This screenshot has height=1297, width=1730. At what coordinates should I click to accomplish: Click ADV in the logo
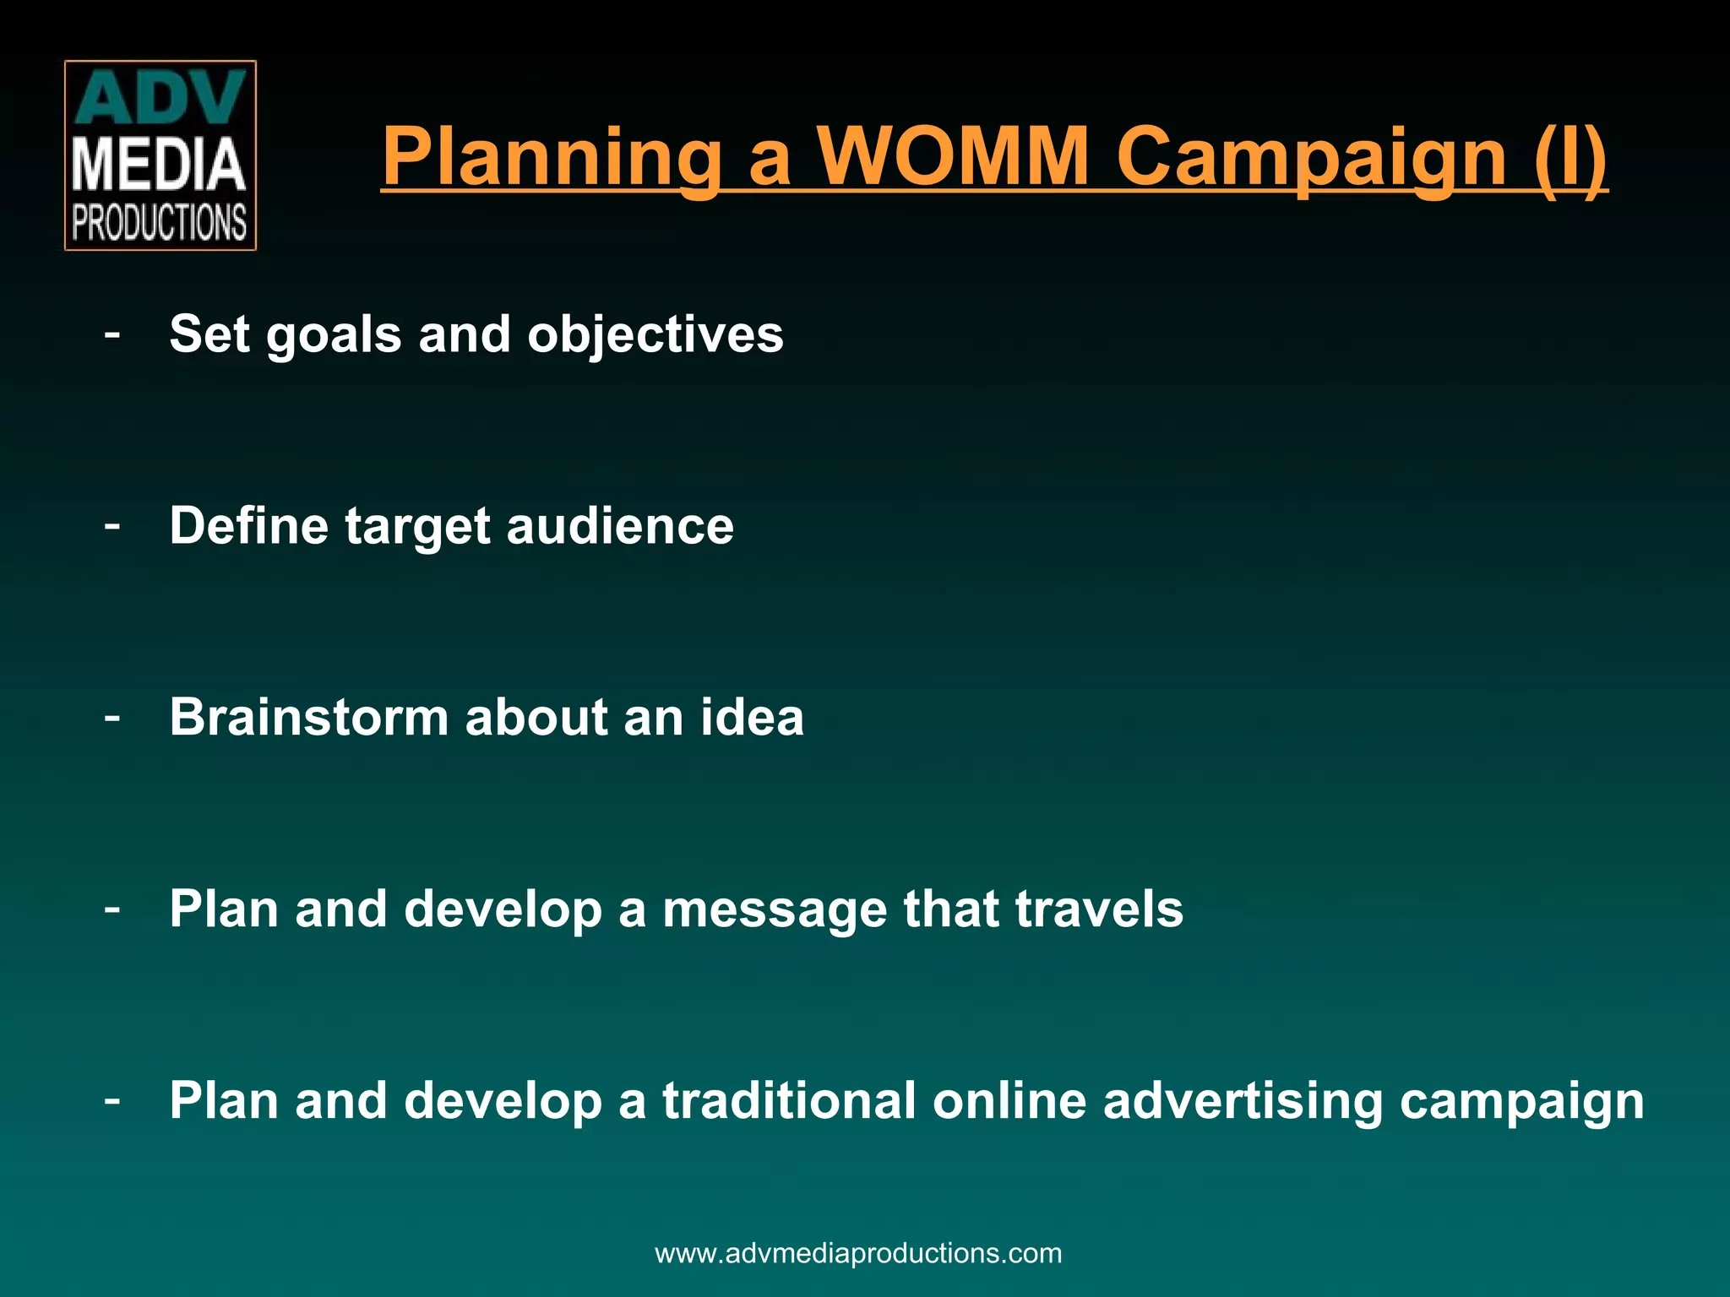tap(160, 99)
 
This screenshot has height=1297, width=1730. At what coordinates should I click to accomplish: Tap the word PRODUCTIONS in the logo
tap(160, 223)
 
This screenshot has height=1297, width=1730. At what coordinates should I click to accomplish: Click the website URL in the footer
tap(858, 1252)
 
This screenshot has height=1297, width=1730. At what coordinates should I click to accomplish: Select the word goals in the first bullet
tap(334, 335)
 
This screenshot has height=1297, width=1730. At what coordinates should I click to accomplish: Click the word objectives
tap(656, 335)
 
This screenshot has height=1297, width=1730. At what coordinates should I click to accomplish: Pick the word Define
tap(248, 526)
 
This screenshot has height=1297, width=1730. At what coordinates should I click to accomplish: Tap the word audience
tap(620, 526)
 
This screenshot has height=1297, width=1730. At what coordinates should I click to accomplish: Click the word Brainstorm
tap(308, 718)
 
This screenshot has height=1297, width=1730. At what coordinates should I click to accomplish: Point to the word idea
tap(752, 718)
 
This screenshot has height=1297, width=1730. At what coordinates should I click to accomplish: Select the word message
tap(775, 910)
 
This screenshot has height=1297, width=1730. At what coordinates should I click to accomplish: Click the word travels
tap(1098, 909)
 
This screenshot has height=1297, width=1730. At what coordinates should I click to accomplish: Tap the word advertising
tap(1243, 1101)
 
